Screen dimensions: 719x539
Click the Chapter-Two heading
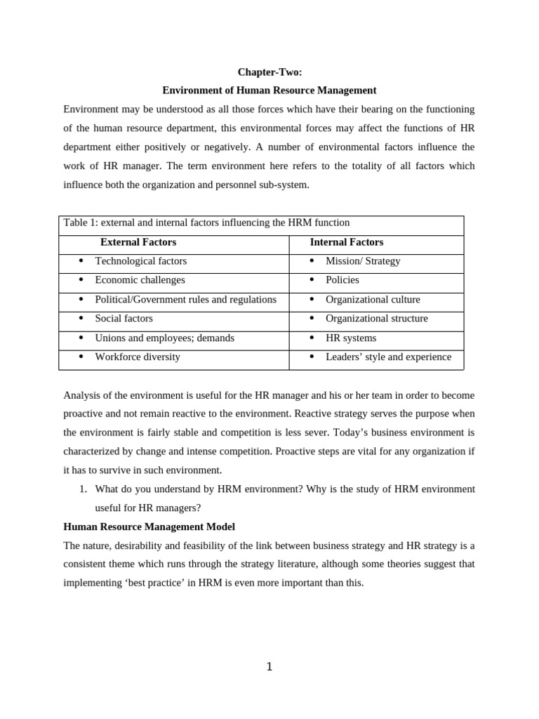click(x=269, y=72)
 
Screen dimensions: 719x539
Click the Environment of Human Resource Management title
click(x=269, y=91)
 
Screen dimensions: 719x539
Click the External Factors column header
click(x=138, y=242)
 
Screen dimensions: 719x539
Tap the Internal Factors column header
click(x=347, y=242)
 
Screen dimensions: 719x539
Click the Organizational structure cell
click(x=376, y=319)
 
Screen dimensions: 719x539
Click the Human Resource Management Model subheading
click(x=149, y=527)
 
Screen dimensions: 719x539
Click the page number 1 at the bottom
click(x=269, y=667)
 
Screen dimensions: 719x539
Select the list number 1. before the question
click(x=83, y=489)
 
